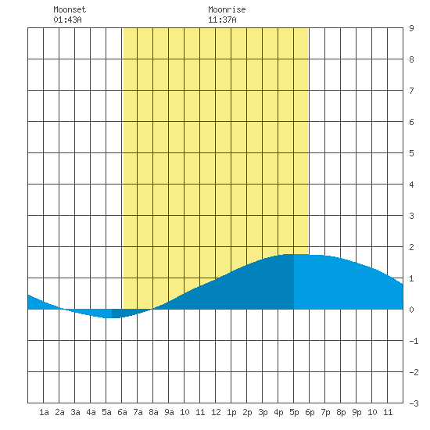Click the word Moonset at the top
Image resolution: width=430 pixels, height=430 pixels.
click(70, 9)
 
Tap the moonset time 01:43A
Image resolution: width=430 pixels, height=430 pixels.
click(67, 20)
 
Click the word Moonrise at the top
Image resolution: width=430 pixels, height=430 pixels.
click(227, 9)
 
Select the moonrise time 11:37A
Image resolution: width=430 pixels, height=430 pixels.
click(222, 20)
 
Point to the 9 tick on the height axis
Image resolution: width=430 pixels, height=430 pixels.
click(411, 28)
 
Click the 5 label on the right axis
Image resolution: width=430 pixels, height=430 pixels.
click(411, 153)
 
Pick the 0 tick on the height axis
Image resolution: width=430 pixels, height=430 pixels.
click(411, 310)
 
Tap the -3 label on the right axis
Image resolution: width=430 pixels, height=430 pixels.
click(414, 403)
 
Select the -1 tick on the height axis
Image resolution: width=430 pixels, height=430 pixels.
click(414, 341)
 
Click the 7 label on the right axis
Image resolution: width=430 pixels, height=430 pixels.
click(411, 91)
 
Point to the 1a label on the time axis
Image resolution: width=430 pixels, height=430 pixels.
click(44, 412)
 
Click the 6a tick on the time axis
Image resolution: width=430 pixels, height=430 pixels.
click(122, 412)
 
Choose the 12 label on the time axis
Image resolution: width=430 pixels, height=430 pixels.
click(216, 412)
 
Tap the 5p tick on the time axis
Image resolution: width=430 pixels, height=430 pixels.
click(294, 412)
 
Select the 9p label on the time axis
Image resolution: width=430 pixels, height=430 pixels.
click(357, 412)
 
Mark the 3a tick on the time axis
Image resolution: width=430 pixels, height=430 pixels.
click(75, 412)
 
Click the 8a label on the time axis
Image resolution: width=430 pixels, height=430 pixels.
click(153, 412)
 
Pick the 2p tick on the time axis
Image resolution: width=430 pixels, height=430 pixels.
click(247, 412)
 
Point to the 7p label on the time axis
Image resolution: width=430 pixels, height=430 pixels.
click(325, 412)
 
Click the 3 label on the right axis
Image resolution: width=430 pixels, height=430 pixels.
click(411, 216)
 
